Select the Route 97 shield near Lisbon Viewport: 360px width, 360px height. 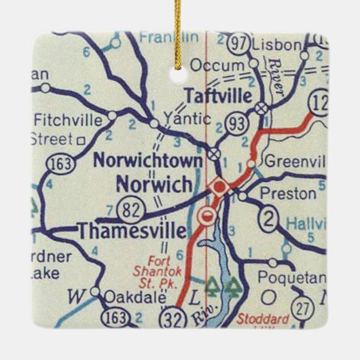237,43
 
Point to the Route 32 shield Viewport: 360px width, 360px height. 173,317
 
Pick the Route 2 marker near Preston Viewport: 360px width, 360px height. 270,218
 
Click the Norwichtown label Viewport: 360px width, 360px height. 147,161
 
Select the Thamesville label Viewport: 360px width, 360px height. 132,232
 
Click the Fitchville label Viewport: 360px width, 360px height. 67,121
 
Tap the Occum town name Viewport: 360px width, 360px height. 217,65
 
